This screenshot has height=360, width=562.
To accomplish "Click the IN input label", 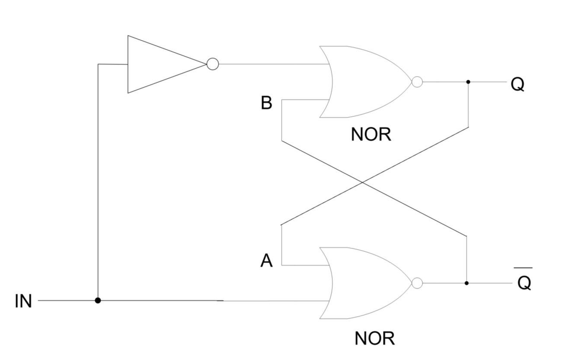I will [x=23, y=301].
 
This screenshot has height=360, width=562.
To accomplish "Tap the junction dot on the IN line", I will [x=98, y=300].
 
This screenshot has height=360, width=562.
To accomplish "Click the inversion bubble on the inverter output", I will [x=213, y=64].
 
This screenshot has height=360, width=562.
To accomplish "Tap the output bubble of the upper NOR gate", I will [x=417, y=82].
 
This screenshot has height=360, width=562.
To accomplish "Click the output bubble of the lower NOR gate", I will [x=417, y=283].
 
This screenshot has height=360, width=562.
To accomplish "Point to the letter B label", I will [x=267, y=103].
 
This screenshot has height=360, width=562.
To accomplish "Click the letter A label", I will [x=267, y=261].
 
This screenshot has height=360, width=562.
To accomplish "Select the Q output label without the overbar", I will [x=517, y=84].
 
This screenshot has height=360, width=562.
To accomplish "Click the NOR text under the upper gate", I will [x=371, y=135].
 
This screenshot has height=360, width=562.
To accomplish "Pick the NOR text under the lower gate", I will [x=374, y=338].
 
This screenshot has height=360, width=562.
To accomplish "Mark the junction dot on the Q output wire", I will [x=468, y=82].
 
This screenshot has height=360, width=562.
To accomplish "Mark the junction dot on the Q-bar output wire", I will [x=466, y=283].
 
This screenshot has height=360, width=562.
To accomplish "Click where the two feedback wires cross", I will [x=363, y=183].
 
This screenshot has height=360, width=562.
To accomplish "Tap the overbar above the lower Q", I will [x=523, y=268].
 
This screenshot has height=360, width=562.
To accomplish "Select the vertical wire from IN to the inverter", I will [x=98, y=182].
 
